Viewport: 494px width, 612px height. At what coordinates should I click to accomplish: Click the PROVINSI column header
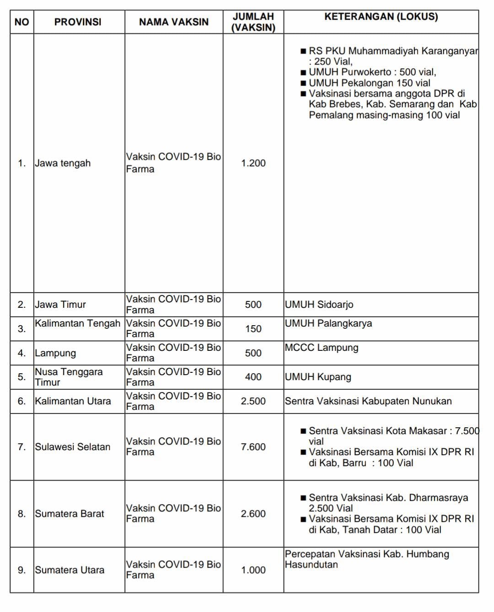(x=78, y=22)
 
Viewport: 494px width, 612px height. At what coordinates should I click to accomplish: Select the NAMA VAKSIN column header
(x=174, y=22)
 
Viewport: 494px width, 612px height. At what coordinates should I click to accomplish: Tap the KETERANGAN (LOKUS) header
(x=381, y=17)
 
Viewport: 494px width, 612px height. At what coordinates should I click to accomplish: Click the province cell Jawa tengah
(x=63, y=163)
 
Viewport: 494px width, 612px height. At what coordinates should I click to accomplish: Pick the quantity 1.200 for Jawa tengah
(x=253, y=163)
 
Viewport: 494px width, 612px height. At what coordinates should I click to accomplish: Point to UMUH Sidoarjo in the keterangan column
(x=319, y=305)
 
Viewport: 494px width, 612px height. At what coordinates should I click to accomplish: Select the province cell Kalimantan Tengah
(x=77, y=323)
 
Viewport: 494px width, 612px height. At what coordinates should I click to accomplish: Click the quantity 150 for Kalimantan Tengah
(x=253, y=329)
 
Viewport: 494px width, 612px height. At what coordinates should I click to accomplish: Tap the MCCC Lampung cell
(x=321, y=348)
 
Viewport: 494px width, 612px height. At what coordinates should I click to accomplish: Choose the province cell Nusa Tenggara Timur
(x=69, y=377)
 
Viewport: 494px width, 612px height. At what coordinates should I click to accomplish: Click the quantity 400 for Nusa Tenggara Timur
(x=253, y=377)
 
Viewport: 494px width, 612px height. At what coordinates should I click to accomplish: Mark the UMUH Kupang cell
(x=318, y=377)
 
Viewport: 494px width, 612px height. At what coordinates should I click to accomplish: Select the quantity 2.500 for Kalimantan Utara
(x=253, y=401)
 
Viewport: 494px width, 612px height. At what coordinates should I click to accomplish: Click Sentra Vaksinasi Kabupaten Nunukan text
(x=368, y=401)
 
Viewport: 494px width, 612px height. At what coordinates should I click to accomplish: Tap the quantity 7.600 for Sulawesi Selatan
(x=253, y=447)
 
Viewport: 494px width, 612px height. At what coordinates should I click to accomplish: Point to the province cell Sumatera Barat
(x=70, y=514)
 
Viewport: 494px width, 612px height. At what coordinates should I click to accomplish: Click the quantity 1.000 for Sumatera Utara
(x=253, y=570)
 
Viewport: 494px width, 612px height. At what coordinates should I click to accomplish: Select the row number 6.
(x=21, y=401)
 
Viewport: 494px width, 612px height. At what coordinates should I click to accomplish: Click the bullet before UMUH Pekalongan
(x=303, y=83)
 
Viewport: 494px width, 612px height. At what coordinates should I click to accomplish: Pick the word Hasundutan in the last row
(x=311, y=564)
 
